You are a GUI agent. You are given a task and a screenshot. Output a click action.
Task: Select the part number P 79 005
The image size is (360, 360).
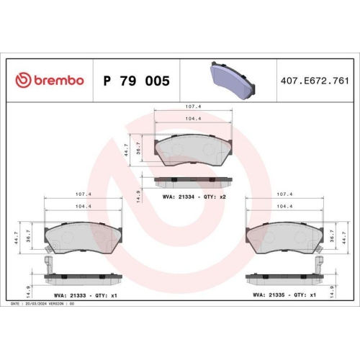click(x=136, y=81)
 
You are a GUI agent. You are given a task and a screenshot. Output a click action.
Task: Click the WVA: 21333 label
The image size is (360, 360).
click(x=71, y=294)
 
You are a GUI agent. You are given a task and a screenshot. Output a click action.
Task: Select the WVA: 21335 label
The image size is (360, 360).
click(x=270, y=294)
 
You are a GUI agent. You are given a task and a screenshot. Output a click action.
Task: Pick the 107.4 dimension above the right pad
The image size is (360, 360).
click(x=284, y=194)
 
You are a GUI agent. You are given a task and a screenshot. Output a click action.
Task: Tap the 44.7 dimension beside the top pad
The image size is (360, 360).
click(x=128, y=150)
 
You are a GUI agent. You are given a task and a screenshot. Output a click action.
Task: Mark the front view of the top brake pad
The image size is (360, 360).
click(x=193, y=149)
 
